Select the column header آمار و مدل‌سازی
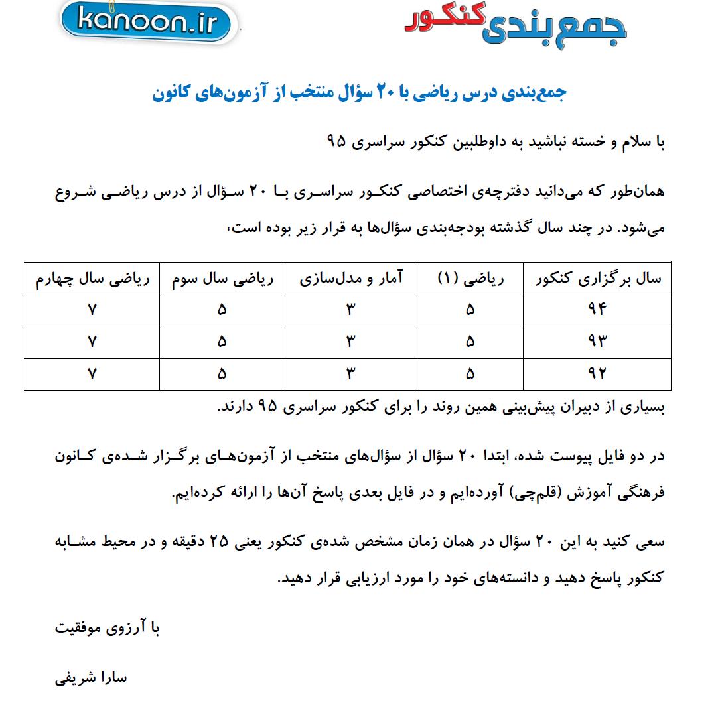(x=351, y=279)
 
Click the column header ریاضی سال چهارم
(x=92, y=279)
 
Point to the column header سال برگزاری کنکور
(x=598, y=279)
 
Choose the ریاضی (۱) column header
(x=470, y=279)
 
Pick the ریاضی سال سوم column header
(x=222, y=279)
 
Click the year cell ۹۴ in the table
(x=598, y=310)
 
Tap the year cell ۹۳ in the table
(x=598, y=341)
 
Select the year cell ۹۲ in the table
(x=598, y=373)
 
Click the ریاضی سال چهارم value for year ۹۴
(x=92, y=310)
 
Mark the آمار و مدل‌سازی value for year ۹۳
(x=351, y=341)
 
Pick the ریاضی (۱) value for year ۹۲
(x=470, y=373)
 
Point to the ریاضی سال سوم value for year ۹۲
(x=222, y=373)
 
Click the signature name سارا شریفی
(x=91, y=679)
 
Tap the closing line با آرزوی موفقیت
(x=108, y=628)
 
